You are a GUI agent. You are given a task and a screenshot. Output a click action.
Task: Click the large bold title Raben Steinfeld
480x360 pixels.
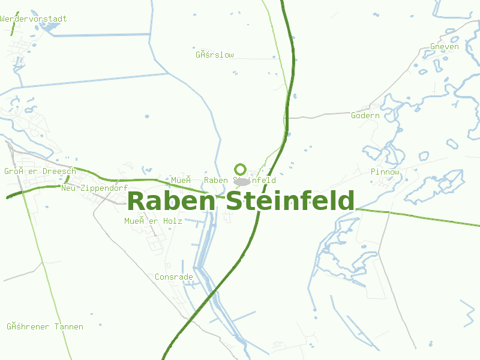241,201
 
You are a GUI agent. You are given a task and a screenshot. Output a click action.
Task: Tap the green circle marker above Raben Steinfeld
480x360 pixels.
241,169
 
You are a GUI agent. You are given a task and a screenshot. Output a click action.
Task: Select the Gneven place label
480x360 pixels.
445,47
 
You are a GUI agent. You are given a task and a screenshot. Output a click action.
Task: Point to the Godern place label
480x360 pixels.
365,115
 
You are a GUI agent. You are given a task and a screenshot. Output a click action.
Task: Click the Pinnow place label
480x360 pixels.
385,172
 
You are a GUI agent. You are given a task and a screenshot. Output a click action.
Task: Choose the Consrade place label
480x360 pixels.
174,277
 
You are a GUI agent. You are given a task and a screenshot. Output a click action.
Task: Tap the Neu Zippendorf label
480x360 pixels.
95,188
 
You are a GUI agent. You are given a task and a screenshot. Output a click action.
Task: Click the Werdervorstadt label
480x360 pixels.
34,19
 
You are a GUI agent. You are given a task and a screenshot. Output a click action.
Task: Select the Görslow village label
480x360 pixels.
215,55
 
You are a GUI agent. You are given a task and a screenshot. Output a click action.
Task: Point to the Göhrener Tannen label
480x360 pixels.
45,327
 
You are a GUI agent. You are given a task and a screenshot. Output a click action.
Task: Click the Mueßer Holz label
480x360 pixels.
153,221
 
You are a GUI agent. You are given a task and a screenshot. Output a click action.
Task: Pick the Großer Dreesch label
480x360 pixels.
40,172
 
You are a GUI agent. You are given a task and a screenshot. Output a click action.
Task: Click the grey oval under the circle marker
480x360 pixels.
242,181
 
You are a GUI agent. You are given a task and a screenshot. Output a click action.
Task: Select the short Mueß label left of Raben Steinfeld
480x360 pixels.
181,180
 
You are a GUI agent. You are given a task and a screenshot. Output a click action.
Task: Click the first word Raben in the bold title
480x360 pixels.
171,201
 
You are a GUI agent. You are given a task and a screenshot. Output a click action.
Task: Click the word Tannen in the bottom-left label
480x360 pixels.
68,327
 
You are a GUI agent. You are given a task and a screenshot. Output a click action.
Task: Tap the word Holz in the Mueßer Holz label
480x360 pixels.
172,221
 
